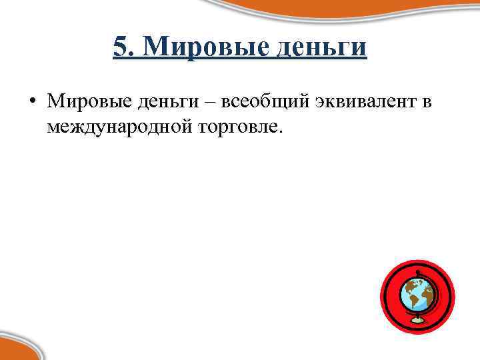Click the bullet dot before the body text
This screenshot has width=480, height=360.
(32, 102)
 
